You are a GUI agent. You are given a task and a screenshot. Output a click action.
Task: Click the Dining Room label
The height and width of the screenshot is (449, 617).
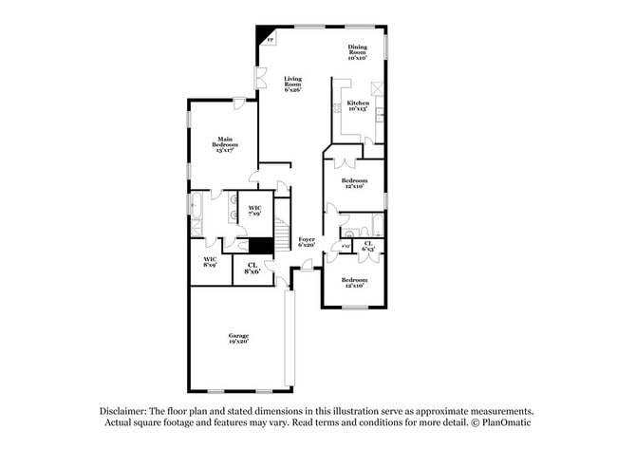click(x=357, y=50)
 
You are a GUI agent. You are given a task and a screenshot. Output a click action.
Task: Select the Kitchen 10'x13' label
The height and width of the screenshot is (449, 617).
click(x=357, y=105)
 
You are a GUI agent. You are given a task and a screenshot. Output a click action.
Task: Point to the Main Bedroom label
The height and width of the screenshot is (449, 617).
click(x=224, y=144)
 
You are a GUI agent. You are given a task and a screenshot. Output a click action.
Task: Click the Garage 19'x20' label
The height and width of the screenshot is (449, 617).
click(x=237, y=339)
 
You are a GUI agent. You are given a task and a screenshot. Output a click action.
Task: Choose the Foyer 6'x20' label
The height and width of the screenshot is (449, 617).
click(x=306, y=242)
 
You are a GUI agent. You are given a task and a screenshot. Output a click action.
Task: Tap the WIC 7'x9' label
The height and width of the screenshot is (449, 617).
click(x=255, y=211)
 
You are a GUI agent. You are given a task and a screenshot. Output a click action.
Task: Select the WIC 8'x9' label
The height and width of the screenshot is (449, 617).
click(x=210, y=261)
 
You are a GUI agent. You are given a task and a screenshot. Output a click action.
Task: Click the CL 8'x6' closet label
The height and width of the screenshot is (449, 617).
click(x=252, y=268)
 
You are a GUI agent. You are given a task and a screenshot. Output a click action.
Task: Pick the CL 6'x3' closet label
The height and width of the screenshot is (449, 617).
click(x=368, y=246)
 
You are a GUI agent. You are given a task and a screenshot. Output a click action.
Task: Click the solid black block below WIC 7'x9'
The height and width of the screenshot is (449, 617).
click(x=261, y=245)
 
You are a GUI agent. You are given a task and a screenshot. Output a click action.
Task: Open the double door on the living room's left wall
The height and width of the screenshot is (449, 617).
click(x=259, y=78)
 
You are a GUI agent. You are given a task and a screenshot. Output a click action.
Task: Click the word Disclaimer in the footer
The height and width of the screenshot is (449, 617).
click(x=123, y=411)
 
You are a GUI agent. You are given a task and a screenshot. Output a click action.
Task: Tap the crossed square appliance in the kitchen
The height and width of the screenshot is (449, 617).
click(x=377, y=88)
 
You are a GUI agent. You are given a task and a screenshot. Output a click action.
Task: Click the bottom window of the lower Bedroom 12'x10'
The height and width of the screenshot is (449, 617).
click(x=353, y=307)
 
